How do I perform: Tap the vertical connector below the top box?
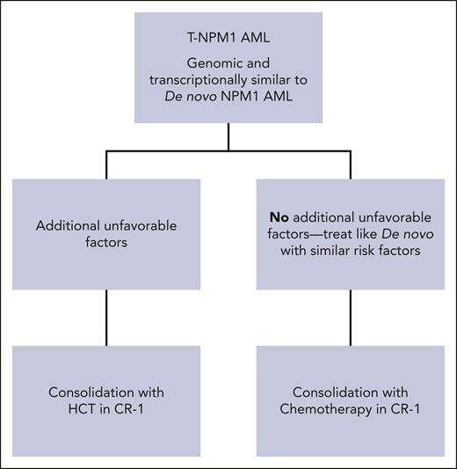(x=228, y=136)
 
